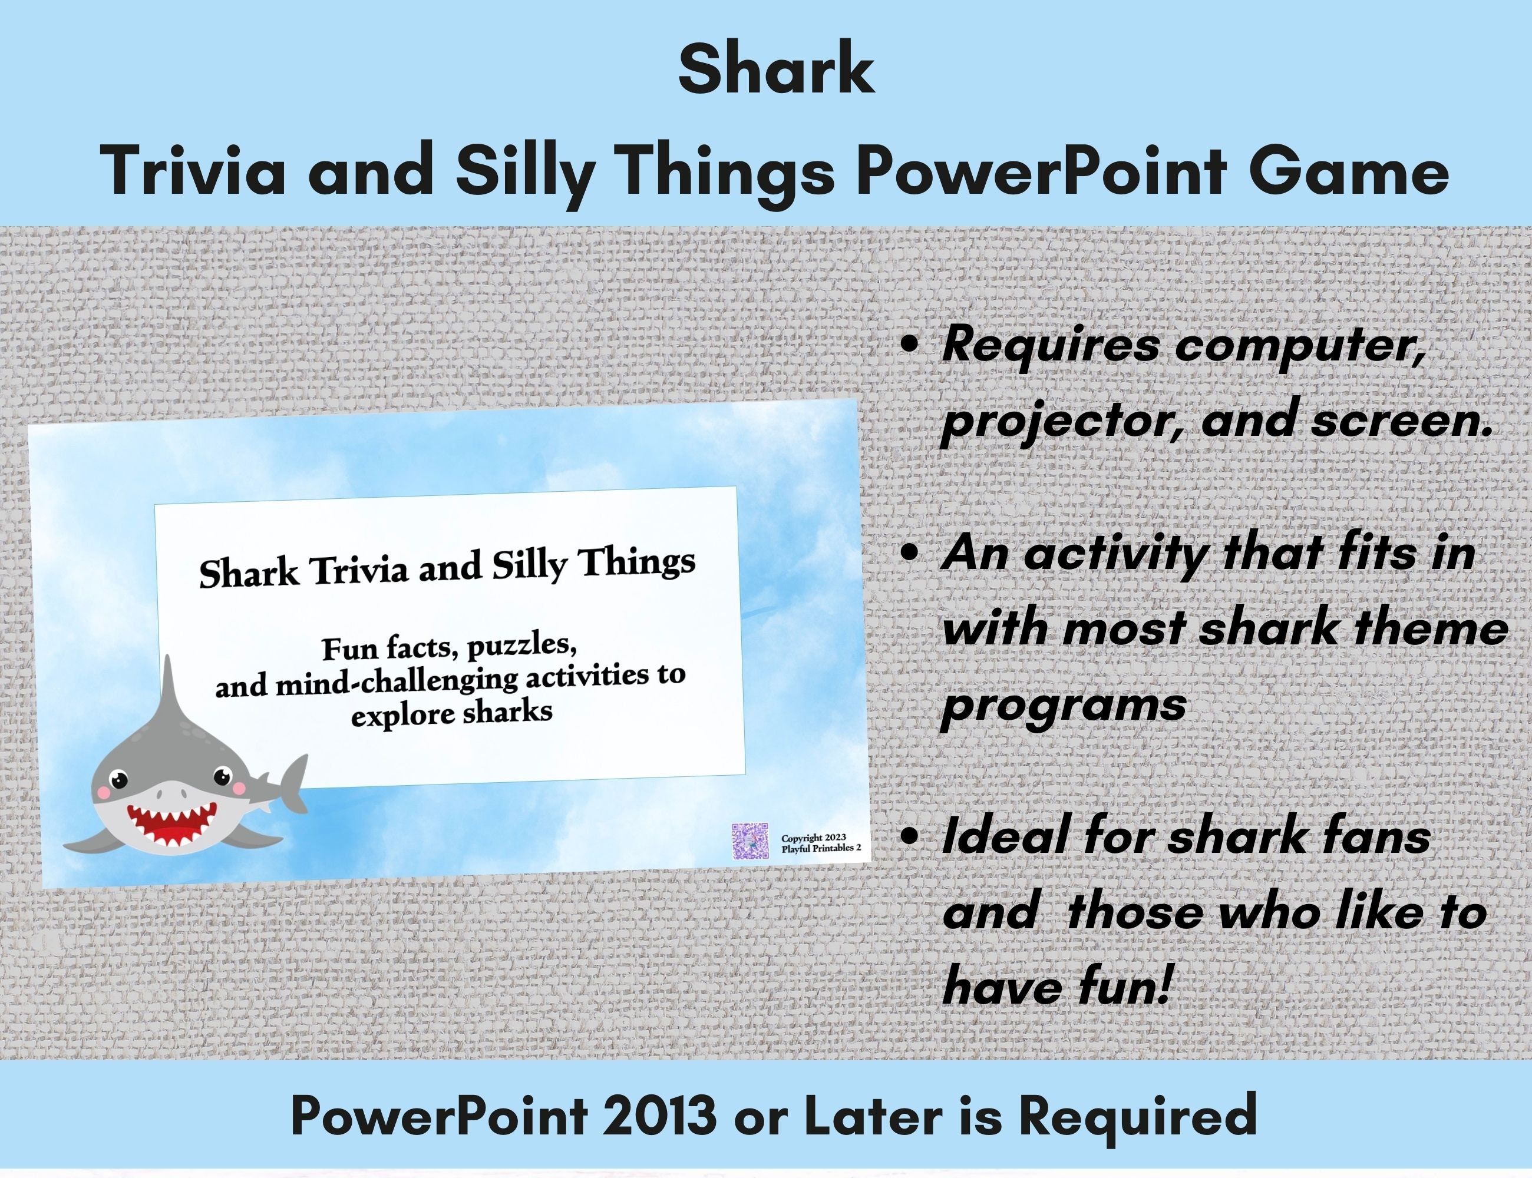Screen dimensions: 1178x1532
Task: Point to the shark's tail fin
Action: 288,782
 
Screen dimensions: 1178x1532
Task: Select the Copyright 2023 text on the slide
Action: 813,837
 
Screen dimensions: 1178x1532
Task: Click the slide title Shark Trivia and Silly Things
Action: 448,568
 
